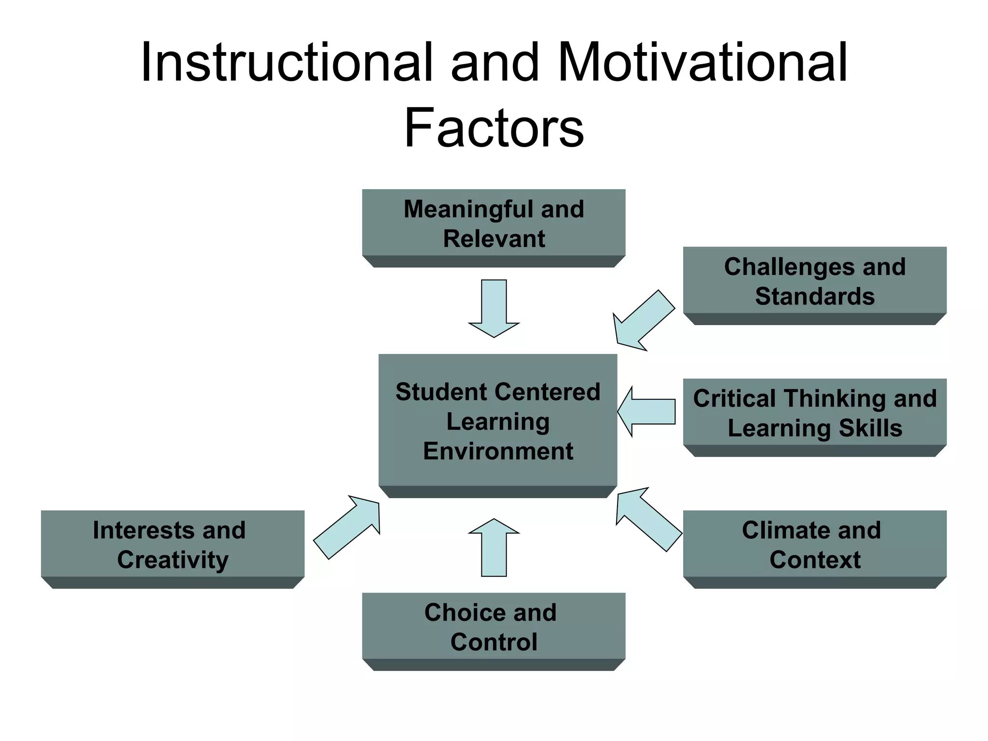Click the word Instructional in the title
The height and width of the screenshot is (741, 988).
point(287,63)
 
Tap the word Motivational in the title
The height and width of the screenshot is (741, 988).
point(702,63)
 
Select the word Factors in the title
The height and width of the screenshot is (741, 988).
point(494,128)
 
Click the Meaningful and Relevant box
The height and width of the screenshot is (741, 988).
point(494,224)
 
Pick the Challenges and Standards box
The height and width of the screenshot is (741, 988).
point(814,282)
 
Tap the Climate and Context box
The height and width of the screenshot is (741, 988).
point(814,545)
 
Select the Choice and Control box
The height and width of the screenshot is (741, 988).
point(494,627)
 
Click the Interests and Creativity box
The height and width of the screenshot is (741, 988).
point(172,545)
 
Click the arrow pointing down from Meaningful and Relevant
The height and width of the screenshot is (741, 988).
point(494,309)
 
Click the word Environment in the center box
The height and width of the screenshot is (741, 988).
point(498,452)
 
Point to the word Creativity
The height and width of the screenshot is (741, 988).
point(173,560)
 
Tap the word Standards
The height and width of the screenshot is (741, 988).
point(815,296)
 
